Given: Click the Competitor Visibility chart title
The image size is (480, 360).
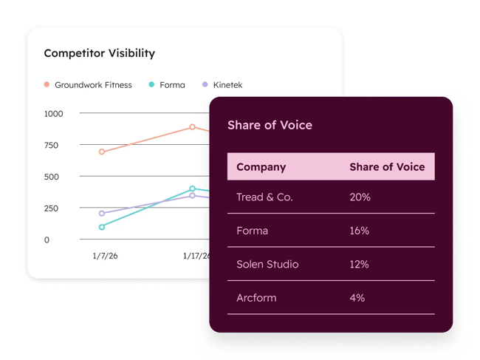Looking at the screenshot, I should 99,53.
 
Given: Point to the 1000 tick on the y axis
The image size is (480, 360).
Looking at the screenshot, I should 53,114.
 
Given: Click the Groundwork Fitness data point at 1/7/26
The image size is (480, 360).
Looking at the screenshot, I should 101,152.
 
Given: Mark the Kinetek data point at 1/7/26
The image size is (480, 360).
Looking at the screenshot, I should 101,213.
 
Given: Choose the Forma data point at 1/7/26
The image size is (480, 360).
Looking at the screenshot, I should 101,227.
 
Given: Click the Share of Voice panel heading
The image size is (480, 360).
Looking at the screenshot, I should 270,125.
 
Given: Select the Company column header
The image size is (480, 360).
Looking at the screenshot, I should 261,167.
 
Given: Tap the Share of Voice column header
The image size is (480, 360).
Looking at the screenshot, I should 387,167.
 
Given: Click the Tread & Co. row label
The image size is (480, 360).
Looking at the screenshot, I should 264,197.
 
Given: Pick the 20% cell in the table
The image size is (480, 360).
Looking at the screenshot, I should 360,197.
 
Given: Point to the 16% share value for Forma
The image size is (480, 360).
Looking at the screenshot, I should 359,231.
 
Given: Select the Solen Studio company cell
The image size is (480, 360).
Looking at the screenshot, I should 267,264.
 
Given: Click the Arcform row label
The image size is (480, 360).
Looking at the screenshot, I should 256,297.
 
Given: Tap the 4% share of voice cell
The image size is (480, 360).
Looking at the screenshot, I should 357,297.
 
